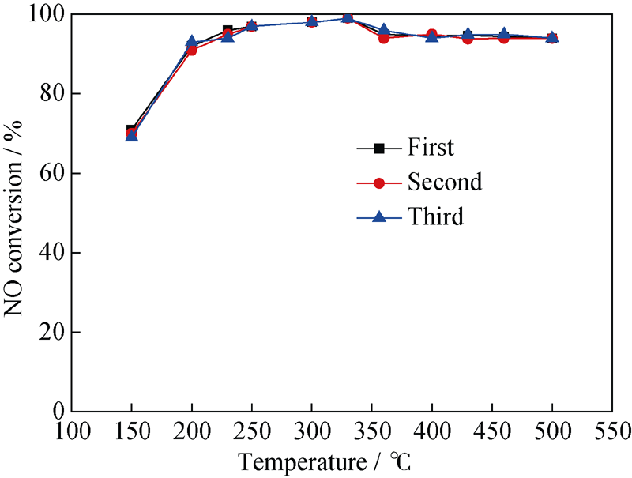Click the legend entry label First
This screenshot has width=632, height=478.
[x=431, y=147]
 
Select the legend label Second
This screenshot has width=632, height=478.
[x=444, y=183]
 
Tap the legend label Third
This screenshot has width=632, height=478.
[x=435, y=217]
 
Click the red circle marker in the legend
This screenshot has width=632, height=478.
[x=378, y=183]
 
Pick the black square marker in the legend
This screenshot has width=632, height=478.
[x=378, y=148]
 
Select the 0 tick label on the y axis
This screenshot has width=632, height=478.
[x=58, y=412]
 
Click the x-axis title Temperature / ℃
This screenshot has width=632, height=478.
[x=324, y=461]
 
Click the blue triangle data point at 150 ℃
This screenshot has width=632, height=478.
[x=132, y=136]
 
